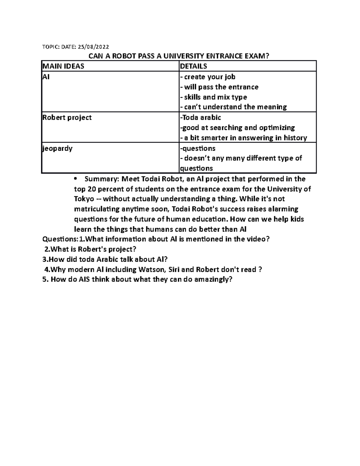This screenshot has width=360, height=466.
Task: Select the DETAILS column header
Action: [x=193, y=66]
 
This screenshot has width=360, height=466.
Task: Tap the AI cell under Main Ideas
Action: [x=46, y=77]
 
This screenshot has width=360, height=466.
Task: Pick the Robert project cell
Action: [x=67, y=117]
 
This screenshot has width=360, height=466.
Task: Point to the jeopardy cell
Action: [x=58, y=148]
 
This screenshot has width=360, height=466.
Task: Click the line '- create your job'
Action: [x=208, y=77]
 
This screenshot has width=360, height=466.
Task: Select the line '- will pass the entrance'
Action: [x=219, y=87]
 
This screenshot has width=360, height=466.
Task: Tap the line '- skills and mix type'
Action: [x=213, y=97]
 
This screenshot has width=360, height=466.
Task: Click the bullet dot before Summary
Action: [x=75, y=179]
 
